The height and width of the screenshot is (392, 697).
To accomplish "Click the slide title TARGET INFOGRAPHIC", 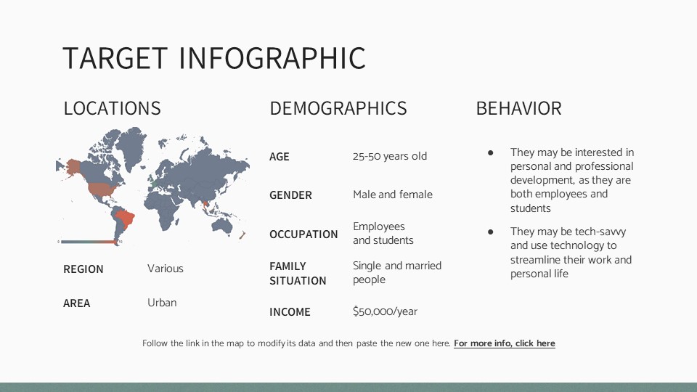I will coord(214,59).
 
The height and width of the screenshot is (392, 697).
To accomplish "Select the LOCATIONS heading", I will coord(112,109).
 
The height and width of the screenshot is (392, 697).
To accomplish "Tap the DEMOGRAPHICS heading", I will coord(338,109).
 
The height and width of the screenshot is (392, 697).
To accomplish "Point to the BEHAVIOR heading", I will coord(518,109).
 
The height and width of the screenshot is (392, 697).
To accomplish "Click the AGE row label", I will coord(280,157).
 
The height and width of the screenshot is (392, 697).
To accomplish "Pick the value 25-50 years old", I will coord(390,156).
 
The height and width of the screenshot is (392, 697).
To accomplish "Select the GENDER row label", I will coord(290,195).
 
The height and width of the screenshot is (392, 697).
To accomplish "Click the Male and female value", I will coord(392,195).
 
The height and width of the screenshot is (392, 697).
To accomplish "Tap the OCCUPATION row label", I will coord(303,234).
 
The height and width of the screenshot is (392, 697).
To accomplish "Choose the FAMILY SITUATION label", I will coord(298,273).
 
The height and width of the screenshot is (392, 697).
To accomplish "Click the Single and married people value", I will coord(396,272).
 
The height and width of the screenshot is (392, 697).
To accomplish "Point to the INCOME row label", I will coord(290,312).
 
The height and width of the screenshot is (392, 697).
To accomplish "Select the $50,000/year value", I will coord(385,311).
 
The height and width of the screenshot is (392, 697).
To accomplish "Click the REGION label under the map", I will coord(83,269).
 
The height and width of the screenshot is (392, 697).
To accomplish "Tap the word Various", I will coord(166,269).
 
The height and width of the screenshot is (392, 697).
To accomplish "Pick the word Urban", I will coord(162,303).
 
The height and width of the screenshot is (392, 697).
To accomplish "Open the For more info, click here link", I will coord(504,343).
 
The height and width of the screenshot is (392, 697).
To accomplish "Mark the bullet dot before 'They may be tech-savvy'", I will coord(491,232).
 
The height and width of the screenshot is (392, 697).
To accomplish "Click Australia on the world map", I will coord(224,216).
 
